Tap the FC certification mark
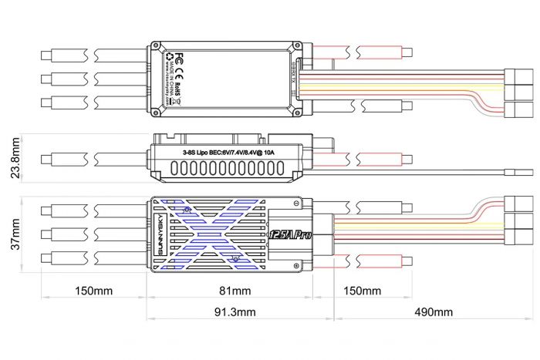tap(179, 59)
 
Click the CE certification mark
tap(179, 76)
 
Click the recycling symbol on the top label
tap(169, 56)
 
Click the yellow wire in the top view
tap(401, 86)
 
